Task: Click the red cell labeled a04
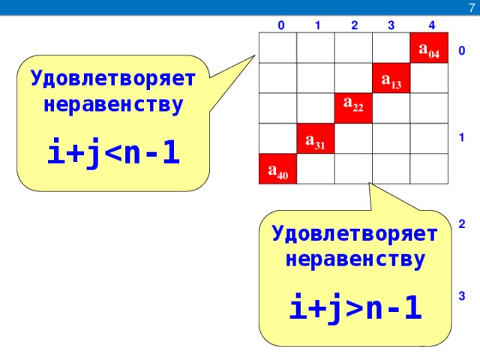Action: (x=429, y=48)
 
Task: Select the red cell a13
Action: (x=391, y=78)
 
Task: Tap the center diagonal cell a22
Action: (x=353, y=108)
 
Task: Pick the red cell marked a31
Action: (x=316, y=138)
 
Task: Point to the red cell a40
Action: (x=278, y=169)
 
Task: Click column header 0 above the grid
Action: (x=281, y=25)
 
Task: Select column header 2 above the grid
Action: (x=355, y=25)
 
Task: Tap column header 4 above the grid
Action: (x=432, y=25)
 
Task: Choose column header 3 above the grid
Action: (x=391, y=25)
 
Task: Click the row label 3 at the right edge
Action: (x=462, y=295)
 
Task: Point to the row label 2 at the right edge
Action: (x=462, y=223)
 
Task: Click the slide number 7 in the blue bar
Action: (x=472, y=8)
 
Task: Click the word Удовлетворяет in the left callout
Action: (x=113, y=79)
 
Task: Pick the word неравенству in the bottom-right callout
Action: (x=355, y=259)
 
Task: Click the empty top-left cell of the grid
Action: (x=278, y=48)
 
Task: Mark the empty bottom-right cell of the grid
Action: (x=429, y=169)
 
